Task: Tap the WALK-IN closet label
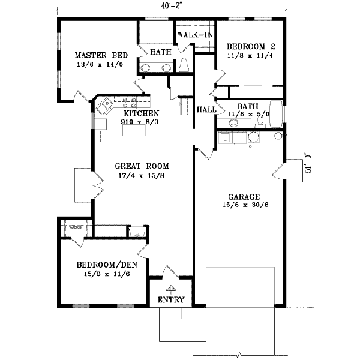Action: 194,35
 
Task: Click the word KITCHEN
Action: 141,113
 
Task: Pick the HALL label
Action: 206,110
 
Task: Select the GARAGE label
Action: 244,196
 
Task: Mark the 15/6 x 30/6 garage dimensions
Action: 244,205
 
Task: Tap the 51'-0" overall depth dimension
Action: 308,162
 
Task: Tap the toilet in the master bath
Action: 184,64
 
